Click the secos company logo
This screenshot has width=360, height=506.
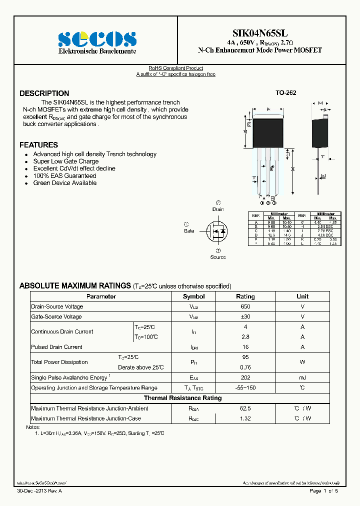tap(97, 39)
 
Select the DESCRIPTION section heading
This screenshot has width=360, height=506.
tap(44, 93)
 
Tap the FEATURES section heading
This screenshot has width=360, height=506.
tap(38, 145)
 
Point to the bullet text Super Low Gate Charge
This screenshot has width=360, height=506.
tap(66, 161)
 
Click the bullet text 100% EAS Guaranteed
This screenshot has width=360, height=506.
tap(64, 176)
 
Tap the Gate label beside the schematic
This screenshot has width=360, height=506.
tap(188, 231)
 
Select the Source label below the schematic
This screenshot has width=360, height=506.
tap(218, 257)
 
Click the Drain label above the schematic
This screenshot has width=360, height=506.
tap(218, 209)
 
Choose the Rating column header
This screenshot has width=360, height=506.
tap(245, 296)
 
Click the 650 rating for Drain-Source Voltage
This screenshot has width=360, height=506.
tap(245, 306)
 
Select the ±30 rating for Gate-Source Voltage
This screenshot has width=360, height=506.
tap(245, 316)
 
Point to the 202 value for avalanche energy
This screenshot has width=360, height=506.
tap(245, 377)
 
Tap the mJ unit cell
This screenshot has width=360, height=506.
tap(302, 377)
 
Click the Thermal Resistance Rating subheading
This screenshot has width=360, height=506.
tap(182, 398)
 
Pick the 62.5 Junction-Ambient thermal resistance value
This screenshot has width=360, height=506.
tap(245, 408)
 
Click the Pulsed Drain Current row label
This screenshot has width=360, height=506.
tap(56, 347)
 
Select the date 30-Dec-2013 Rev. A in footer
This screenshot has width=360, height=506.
tap(39, 491)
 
